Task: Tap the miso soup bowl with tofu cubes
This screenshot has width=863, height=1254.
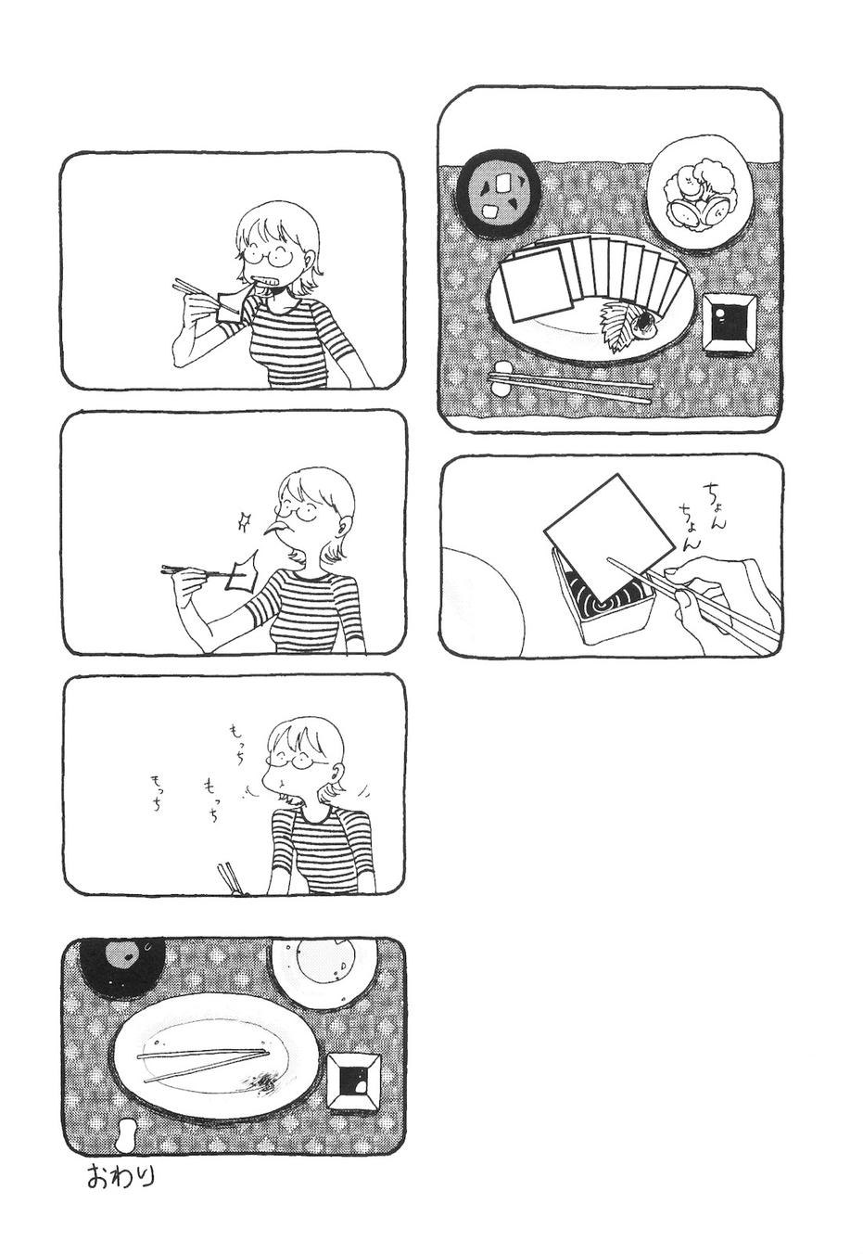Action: click(x=498, y=194)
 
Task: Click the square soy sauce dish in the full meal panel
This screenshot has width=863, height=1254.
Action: click(x=728, y=324)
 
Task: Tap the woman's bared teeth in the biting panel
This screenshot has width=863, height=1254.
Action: click(x=265, y=281)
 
